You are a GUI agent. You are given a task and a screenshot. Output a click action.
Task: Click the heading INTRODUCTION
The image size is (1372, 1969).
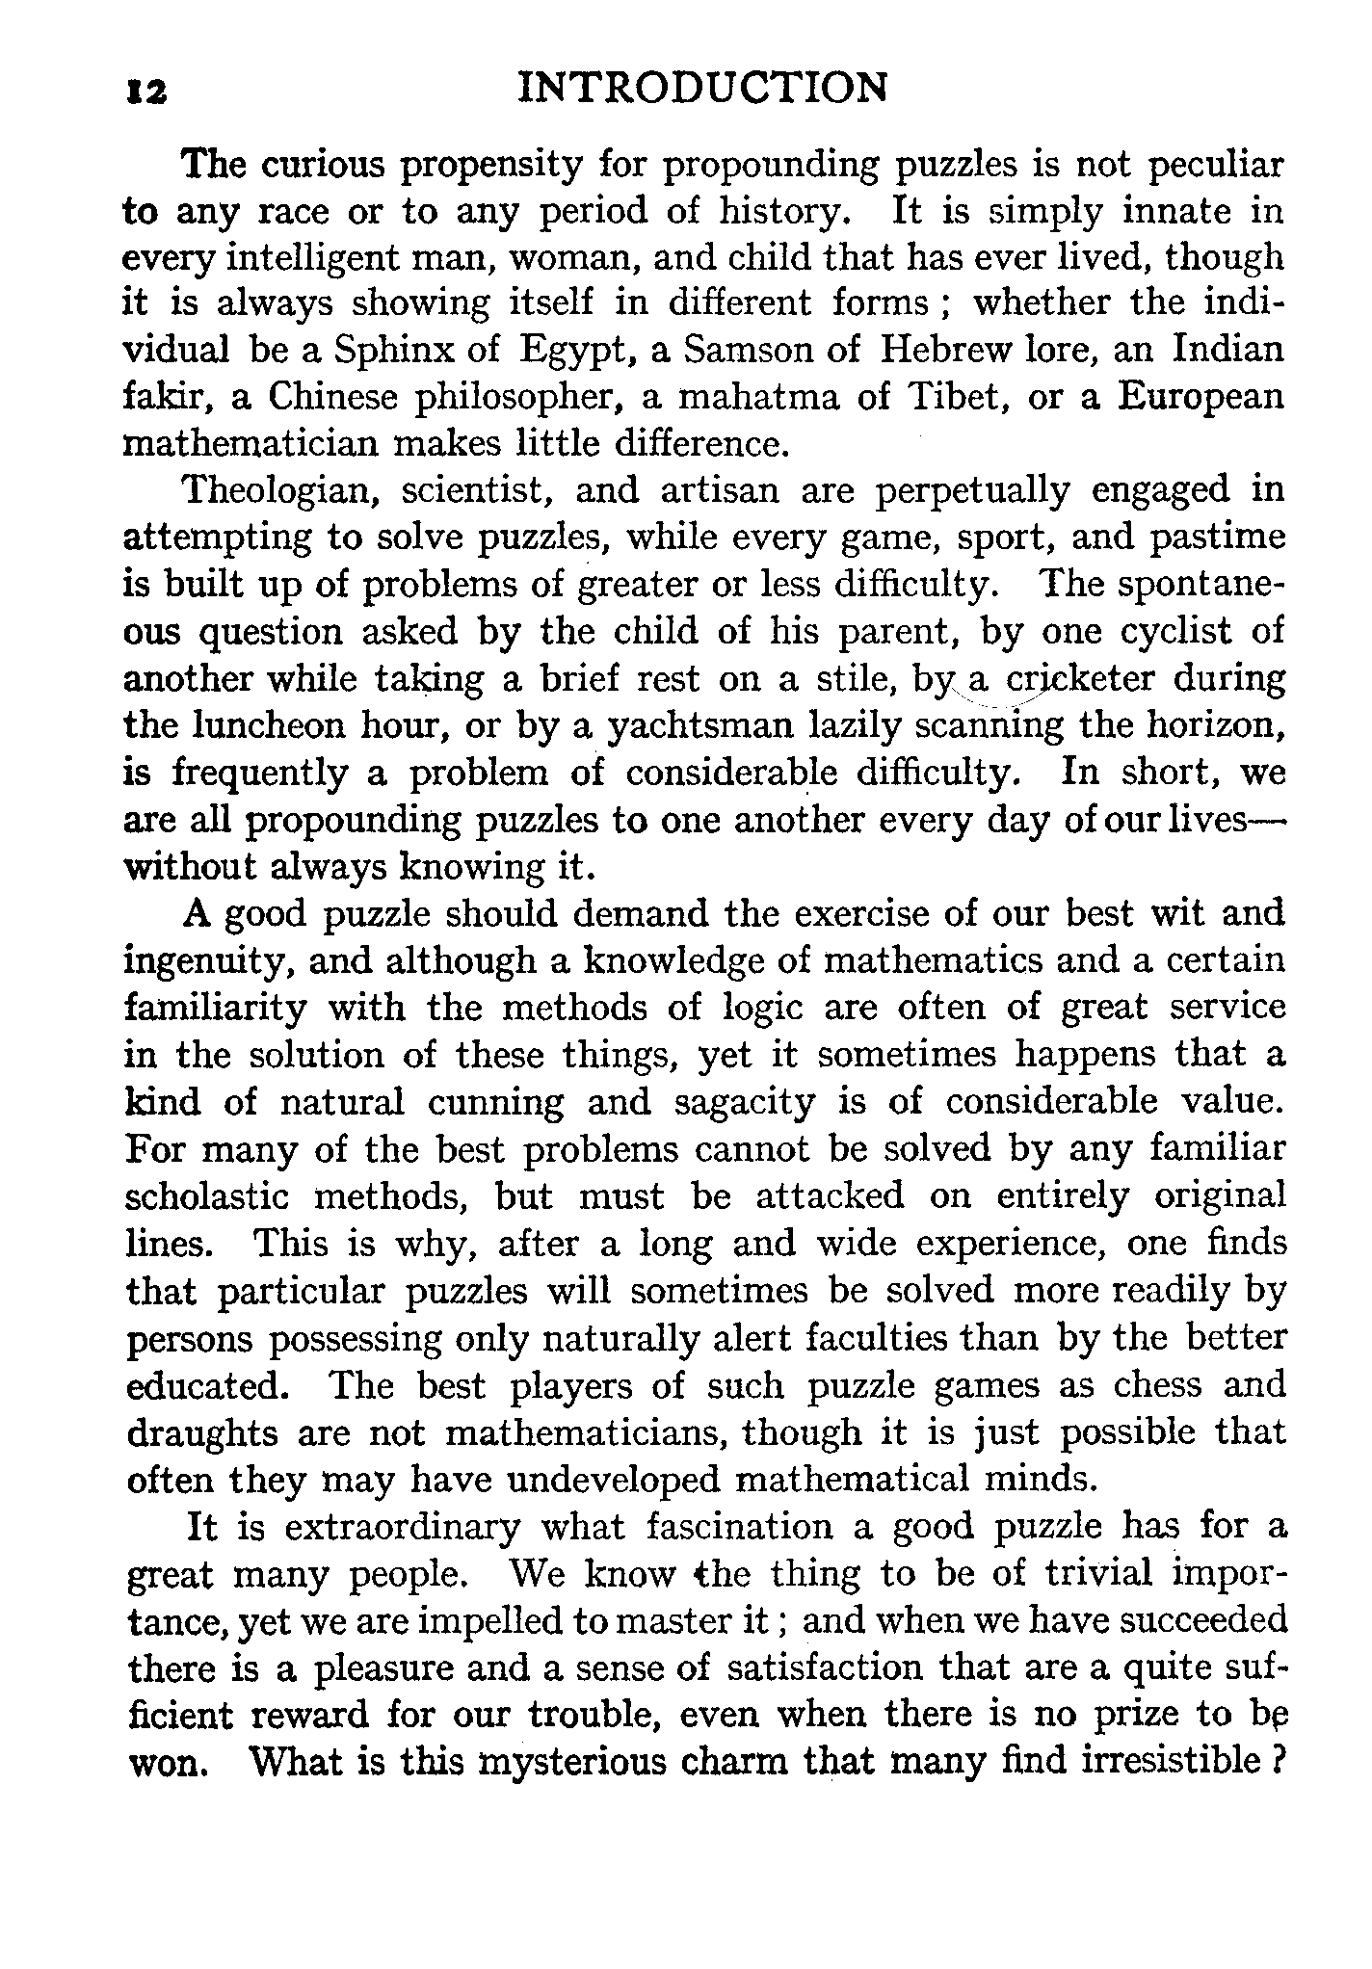(x=702, y=89)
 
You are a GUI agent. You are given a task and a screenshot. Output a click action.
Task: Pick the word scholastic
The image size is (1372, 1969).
(x=208, y=1197)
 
